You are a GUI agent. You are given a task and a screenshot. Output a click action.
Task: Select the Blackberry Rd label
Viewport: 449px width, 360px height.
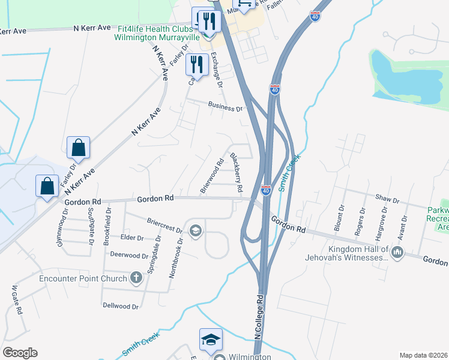[x=236, y=175]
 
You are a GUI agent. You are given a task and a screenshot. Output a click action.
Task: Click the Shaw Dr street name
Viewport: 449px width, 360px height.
[x=387, y=199]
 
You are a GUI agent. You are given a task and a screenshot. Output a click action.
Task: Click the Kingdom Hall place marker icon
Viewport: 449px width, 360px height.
[x=396, y=254]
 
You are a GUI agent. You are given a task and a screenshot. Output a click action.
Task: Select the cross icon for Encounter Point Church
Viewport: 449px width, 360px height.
[x=136, y=278]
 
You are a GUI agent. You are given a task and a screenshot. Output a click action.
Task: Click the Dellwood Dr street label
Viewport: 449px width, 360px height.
[x=120, y=306]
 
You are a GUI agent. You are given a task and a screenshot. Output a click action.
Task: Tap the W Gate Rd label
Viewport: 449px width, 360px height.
[x=17, y=300]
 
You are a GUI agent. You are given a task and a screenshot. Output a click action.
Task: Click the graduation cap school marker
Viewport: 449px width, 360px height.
[x=211, y=340]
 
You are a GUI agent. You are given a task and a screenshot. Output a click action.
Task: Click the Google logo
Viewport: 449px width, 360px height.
[x=20, y=353]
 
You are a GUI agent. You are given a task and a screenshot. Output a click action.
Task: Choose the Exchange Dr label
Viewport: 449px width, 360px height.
[x=216, y=70]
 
